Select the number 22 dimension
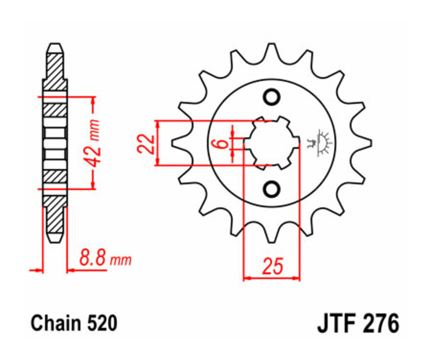(x=147, y=143)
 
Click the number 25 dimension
(x=272, y=266)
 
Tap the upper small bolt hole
(x=272, y=97)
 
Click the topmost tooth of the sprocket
(x=272, y=50)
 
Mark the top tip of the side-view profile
(x=55, y=47)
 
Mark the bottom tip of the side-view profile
(x=55, y=238)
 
